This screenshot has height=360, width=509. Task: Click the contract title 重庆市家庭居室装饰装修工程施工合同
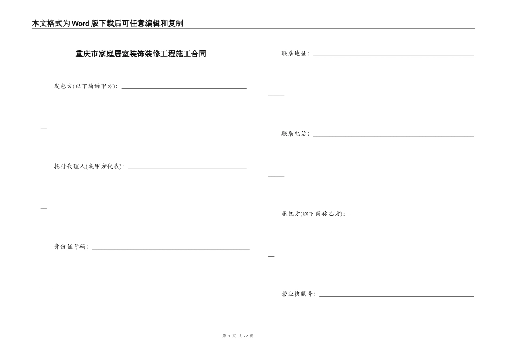pyautogui.click(x=141, y=54)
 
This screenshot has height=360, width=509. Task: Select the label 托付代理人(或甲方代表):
pyautogui.click(x=89, y=167)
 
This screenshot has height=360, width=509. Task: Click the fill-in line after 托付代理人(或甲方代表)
pyautogui.click(x=187, y=168)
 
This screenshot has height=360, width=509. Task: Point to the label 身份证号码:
pyautogui.click(x=71, y=247)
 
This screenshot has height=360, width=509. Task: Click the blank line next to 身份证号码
pyautogui.click(x=171, y=249)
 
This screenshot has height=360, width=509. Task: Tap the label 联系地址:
pyautogui.click(x=295, y=54)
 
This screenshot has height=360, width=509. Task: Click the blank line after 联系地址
pyautogui.click(x=393, y=55)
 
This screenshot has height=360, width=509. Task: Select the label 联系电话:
pyautogui.click(x=295, y=133)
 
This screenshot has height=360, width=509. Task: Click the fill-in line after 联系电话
pyautogui.click(x=393, y=136)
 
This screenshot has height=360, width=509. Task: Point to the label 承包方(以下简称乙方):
pyautogui.click(x=313, y=214)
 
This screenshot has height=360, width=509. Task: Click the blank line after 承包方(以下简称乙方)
pyautogui.click(x=411, y=216)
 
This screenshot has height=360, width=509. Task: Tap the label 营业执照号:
pyautogui.click(x=298, y=294)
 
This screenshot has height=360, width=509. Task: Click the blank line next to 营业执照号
pyautogui.click(x=396, y=296)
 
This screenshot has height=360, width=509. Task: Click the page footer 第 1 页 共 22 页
pyautogui.click(x=237, y=336)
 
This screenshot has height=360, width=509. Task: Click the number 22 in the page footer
pyautogui.click(x=246, y=336)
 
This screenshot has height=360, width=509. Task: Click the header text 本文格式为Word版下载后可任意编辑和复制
pyautogui.click(x=107, y=24)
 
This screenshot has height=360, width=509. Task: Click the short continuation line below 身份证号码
pyautogui.click(x=47, y=288)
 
